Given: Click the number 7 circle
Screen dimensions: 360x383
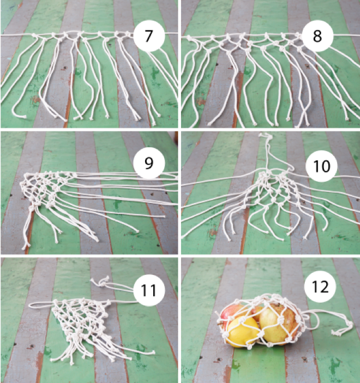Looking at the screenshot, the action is (x=149, y=35).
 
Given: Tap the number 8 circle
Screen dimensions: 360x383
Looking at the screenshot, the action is (x=317, y=35).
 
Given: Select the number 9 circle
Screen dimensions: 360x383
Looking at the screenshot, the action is (x=149, y=163).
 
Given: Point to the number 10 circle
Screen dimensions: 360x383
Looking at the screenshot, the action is (x=321, y=166).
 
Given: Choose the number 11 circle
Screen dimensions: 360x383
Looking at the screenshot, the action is (x=149, y=290).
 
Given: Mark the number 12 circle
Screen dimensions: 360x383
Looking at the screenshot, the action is (x=320, y=286).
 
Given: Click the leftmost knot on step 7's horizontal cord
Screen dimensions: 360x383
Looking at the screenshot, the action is (x=35, y=36).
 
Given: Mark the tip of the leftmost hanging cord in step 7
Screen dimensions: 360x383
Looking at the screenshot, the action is (x=24, y=117).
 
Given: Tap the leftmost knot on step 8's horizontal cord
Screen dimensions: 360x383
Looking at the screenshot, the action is (x=189, y=37).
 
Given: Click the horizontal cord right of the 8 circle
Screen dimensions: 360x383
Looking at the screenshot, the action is (x=346, y=35).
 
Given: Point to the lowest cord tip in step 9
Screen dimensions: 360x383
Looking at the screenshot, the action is (x=25, y=247).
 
